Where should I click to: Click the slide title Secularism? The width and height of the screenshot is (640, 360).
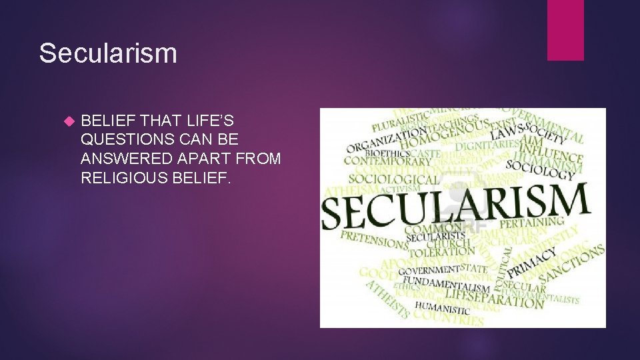click(108, 53)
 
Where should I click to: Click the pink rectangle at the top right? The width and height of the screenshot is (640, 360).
click(565, 30)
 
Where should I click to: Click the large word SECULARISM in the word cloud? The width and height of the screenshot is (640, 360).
click(455, 205)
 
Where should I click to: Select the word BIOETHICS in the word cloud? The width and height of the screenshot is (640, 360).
click(368, 153)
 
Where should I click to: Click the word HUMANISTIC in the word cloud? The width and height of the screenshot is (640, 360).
click(442, 307)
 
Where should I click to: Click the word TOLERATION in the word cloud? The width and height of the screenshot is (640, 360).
click(440, 251)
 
